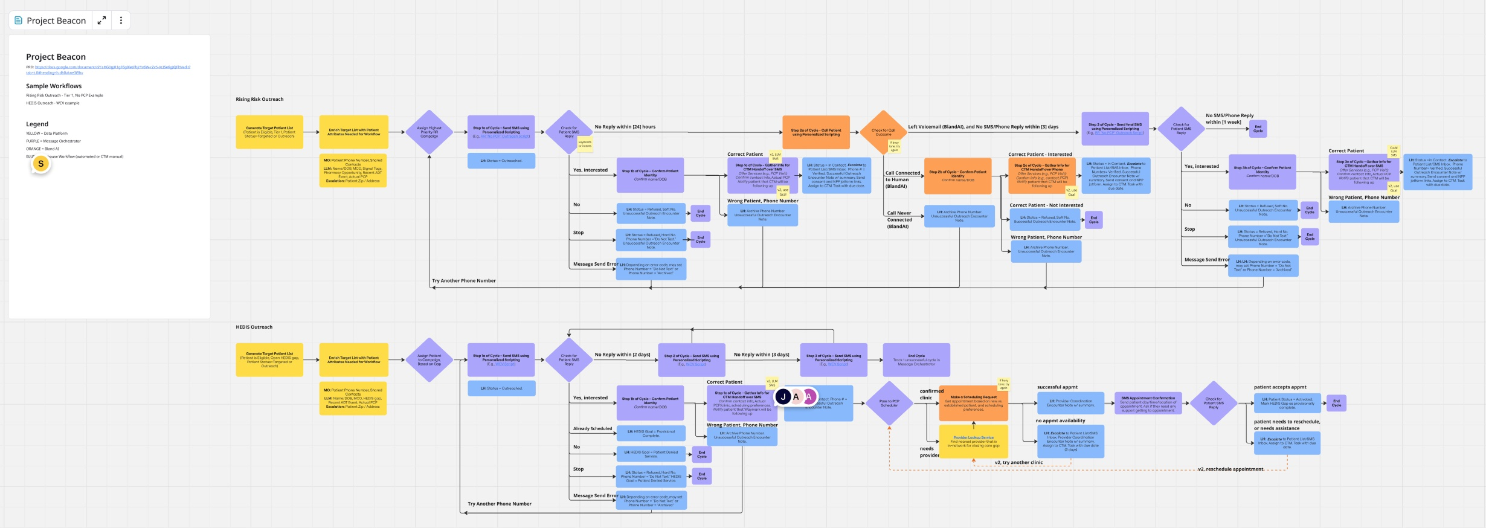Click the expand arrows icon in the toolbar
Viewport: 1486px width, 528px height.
pos(102,21)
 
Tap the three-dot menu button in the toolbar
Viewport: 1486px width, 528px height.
pos(121,21)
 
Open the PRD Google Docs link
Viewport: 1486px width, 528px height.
pos(109,67)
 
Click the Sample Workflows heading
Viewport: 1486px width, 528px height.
pos(54,86)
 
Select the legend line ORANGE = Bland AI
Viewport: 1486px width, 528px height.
pos(42,149)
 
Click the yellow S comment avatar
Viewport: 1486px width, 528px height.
pos(41,164)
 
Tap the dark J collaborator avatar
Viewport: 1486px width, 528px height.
pos(783,397)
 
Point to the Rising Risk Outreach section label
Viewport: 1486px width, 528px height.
pos(260,99)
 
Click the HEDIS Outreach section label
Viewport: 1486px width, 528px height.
pos(254,327)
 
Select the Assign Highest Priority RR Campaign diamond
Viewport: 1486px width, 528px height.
pos(429,132)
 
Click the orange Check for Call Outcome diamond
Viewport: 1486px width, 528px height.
pos(883,132)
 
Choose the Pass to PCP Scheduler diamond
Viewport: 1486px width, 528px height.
pos(889,403)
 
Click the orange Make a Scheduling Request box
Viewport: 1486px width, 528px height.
pos(973,403)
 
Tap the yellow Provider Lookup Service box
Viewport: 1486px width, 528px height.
pos(973,441)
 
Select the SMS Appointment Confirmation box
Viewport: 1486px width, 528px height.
pos(1148,403)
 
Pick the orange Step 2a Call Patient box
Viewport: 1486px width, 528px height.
pos(816,132)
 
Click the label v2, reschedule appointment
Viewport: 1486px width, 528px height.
pos(1230,469)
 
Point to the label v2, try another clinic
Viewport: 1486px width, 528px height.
pos(1018,462)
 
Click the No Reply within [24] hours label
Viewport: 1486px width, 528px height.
pos(625,127)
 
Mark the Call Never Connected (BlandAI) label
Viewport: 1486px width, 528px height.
pos(899,219)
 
